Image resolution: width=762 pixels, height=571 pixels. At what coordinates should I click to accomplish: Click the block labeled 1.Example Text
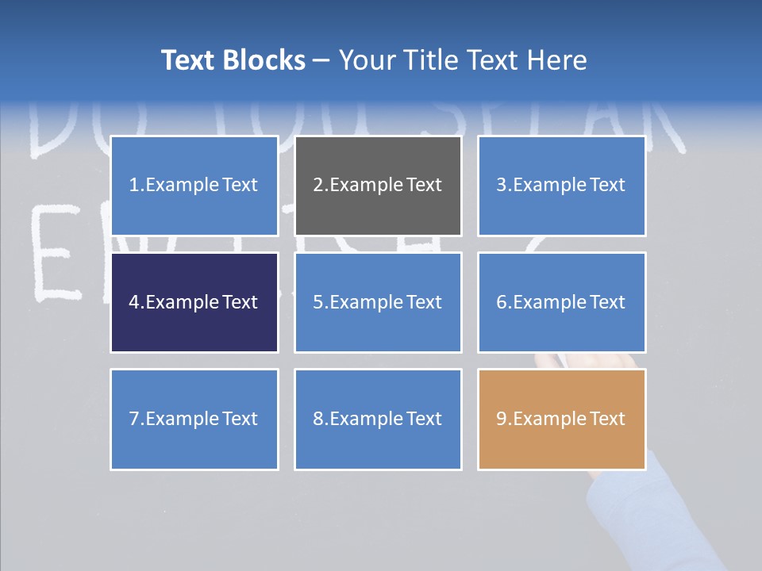194,186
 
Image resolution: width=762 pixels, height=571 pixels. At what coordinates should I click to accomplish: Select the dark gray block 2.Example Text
378,186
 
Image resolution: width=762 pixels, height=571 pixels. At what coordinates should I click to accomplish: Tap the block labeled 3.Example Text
561,186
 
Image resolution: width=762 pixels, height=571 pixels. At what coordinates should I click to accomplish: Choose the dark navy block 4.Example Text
194,302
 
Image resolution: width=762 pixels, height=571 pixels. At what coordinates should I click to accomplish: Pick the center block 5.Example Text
378,302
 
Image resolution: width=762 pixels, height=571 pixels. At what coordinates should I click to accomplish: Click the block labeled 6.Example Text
561,302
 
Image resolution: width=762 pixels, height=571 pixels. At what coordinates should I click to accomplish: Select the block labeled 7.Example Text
194,419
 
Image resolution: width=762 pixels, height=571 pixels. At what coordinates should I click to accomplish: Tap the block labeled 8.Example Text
378,419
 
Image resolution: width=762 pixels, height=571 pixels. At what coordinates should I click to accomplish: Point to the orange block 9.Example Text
561,419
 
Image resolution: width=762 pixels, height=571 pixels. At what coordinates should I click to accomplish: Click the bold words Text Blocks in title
233,60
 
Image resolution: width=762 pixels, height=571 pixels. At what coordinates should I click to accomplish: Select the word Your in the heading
366,60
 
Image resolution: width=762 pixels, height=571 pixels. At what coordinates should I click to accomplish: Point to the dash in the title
321,61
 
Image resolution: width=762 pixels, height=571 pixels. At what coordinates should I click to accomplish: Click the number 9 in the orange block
502,419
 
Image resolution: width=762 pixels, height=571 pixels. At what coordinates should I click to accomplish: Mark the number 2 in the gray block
318,186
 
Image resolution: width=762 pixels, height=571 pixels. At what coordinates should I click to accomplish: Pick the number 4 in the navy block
134,302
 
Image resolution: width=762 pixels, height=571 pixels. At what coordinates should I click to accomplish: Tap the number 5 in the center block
318,302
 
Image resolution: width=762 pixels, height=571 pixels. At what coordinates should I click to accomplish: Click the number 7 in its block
134,419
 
